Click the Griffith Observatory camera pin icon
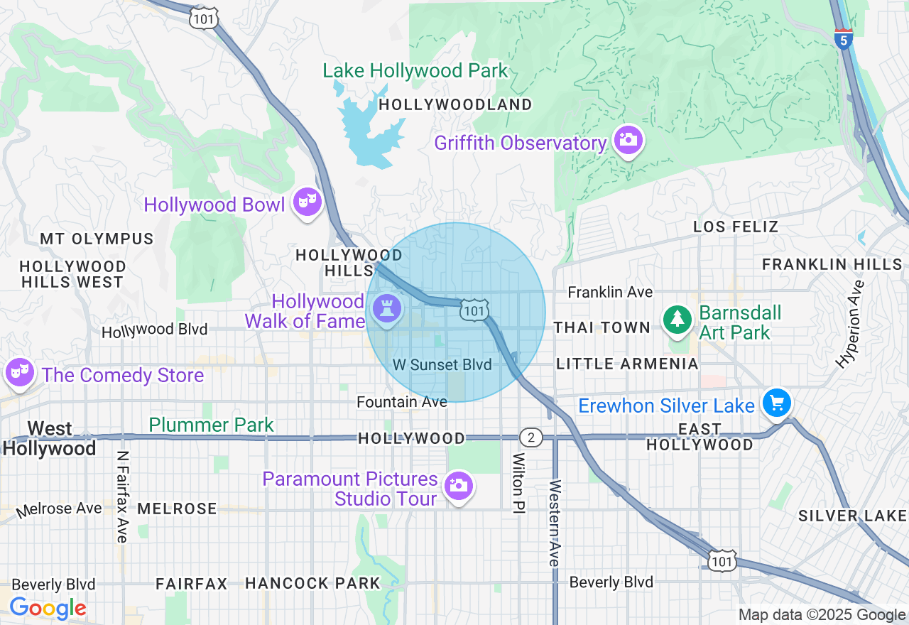[x=628, y=140]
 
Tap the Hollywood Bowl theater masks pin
[x=307, y=202]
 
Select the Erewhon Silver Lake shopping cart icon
[x=776, y=403]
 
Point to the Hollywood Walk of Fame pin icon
[x=386, y=310]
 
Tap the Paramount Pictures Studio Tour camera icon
[x=459, y=486]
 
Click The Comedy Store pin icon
[x=19, y=371]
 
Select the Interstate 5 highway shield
[x=843, y=38]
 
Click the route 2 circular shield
[x=530, y=437]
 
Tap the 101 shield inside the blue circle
[x=474, y=310]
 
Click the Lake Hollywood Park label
[x=415, y=71]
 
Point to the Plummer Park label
[x=211, y=425]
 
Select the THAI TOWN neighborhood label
[x=602, y=327]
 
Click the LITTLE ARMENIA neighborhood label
[x=627, y=364]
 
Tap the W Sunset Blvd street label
[x=442, y=365]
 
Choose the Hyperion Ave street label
[x=851, y=324]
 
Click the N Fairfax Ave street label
[x=122, y=496]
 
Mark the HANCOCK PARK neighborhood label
[x=312, y=584]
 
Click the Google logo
[x=48, y=608]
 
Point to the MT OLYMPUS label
[x=97, y=239]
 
